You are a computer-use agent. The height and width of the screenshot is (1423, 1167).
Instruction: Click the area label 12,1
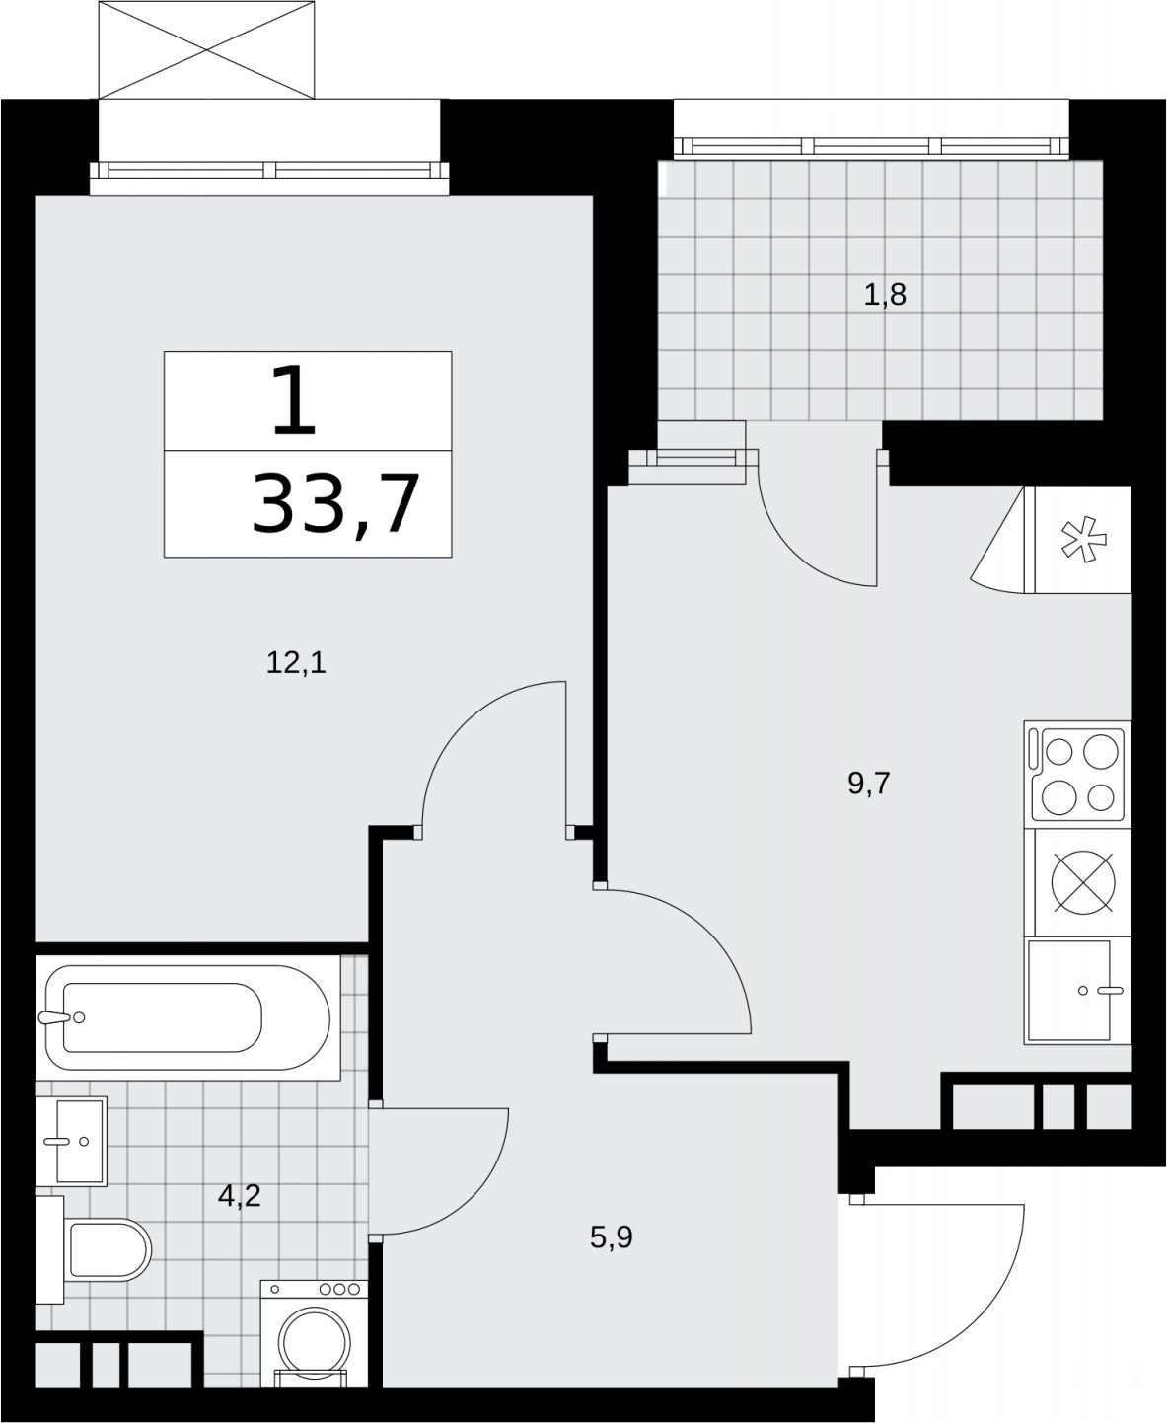coord(296,662)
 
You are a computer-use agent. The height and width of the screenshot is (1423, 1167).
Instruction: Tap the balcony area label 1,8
coord(884,295)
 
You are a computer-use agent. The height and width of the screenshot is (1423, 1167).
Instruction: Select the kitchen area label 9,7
coord(869,784)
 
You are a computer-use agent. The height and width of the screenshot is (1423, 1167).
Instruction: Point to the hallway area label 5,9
coord(612,1237)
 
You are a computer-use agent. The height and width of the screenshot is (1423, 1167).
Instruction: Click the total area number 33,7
coord(336,504)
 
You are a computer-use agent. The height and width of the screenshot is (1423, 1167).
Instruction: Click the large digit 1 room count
coord(293,400)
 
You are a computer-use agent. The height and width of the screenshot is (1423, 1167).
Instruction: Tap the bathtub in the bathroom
coord(187,1016)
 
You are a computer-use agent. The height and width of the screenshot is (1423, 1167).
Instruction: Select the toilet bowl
coord(108,1248)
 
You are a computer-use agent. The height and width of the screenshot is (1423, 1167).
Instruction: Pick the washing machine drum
coord(315,1343)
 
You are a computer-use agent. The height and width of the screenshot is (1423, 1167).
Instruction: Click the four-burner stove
coord(1077,775)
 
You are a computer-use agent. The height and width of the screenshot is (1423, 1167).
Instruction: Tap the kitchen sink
coord(1077,991)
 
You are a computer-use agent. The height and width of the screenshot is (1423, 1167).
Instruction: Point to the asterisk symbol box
coord(1083,540)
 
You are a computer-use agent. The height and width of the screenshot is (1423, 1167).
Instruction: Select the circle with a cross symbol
coord(1083,882)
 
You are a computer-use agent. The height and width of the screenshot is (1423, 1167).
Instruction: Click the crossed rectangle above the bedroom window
coord(206,50)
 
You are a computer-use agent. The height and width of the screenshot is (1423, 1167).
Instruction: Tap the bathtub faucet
coord(62,1017)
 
